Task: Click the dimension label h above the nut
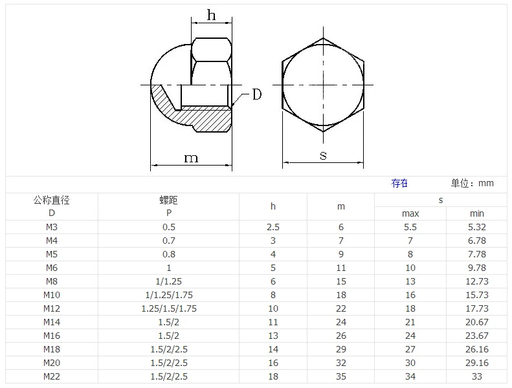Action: [x=211, y=15]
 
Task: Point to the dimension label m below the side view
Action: [x=191, y=158]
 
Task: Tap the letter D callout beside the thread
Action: [x=257, y=94]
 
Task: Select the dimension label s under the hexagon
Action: [x=323, y=155]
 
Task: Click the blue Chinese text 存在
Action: [x=399, y=184]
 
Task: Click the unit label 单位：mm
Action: [x=472, y=184]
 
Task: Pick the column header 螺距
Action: [x=168, y=200]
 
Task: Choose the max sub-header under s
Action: [x=410, y=213]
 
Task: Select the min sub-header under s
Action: [x=477, y=213]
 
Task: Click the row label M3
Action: [x=52, y=227]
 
